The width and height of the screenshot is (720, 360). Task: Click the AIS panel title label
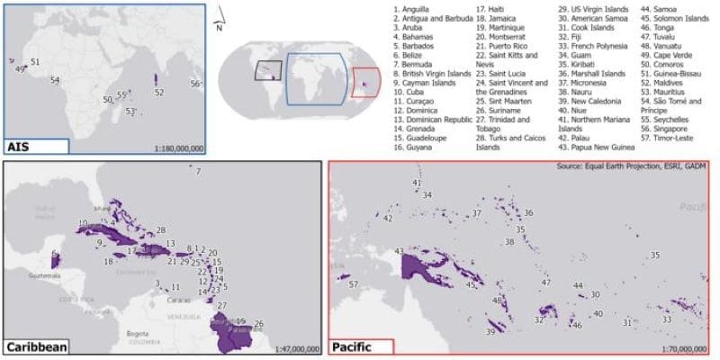point(20,147)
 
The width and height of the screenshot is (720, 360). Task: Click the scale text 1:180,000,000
point(179,148)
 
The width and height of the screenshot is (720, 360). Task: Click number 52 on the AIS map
point(158,92)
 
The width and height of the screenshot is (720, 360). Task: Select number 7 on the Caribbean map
point(198,171)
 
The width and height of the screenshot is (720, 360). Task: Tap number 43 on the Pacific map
point(399,251)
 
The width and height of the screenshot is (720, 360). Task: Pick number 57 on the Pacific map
point(354,284)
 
